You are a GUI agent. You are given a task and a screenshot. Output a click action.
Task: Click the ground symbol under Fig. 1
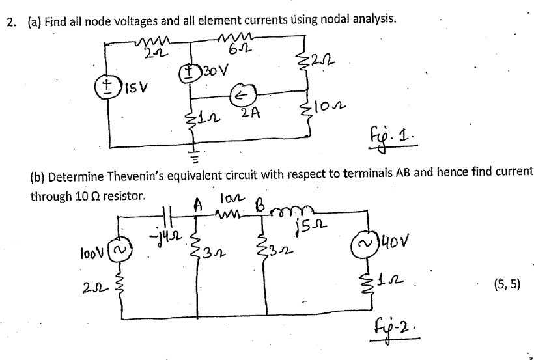192,154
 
